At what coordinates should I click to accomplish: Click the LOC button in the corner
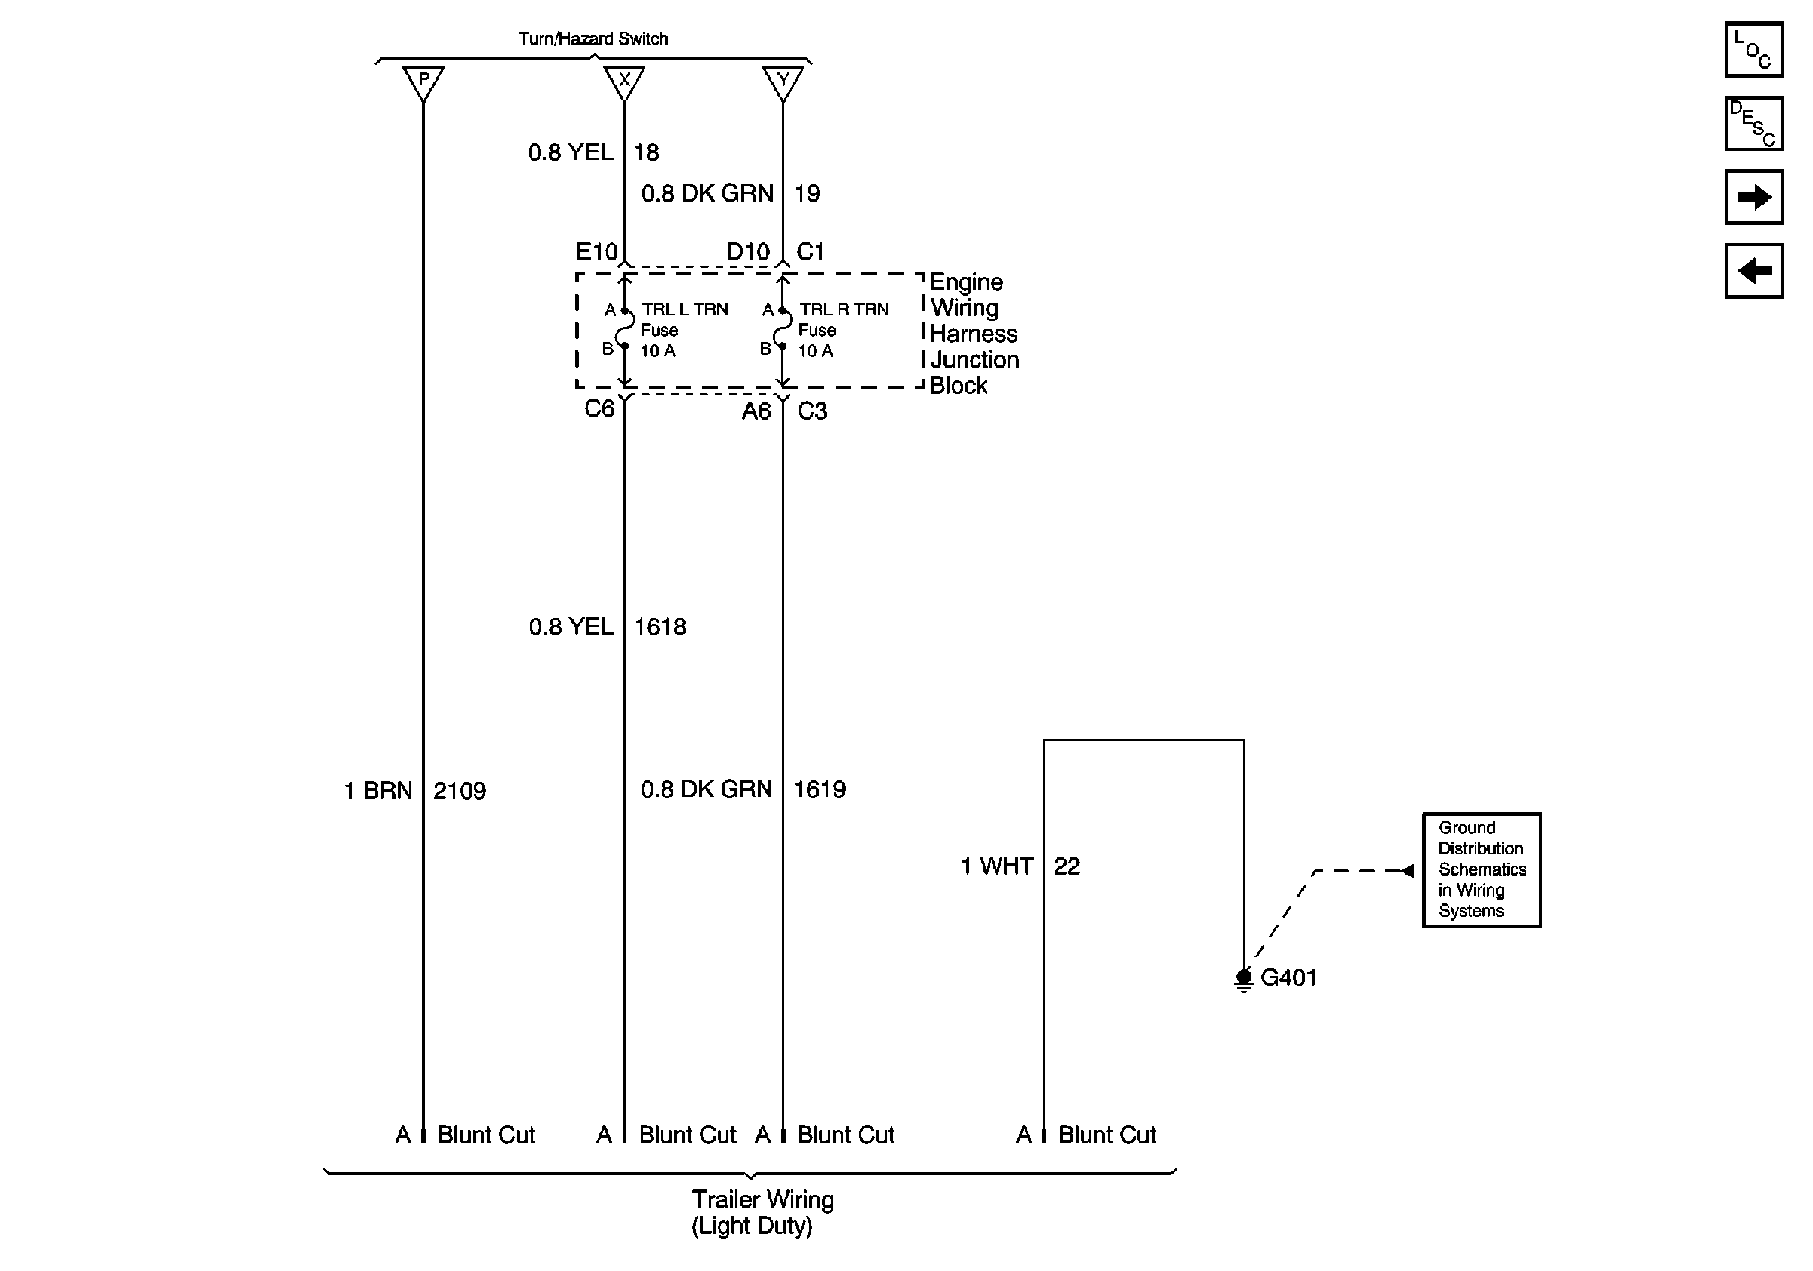pyautogui.click(x=1754, y=50)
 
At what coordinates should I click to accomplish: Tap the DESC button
pyautogui.click(x=1754, y=123)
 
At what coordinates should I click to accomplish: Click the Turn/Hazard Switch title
pyautogui.click(x=593, y=38)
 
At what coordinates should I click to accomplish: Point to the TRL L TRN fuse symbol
pyautogui.click(x=626, y=328)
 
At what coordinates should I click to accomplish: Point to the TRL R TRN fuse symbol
pyautogui.click(x=783, y=328)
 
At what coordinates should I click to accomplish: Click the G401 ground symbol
pyautogui.click(x=1244, y=979)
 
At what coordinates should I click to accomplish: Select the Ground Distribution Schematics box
pyautogui.click(x=1482, y=869)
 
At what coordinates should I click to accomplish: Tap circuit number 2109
pyautogui.click(x=460, y=790)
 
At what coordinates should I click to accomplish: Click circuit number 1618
pyautogui.click(x=660, y=626)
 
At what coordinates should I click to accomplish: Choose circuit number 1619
pyautogui.click(x=820, y=789)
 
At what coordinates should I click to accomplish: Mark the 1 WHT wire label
pyautogui.click(x=996, y=866)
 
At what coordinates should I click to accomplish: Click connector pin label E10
pyautogui.click(x=596, y=252)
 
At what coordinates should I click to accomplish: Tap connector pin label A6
pyautogui.click(x=756, y=411)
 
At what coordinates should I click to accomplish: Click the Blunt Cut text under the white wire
pyautogui.click(x=1107, y=1134)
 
